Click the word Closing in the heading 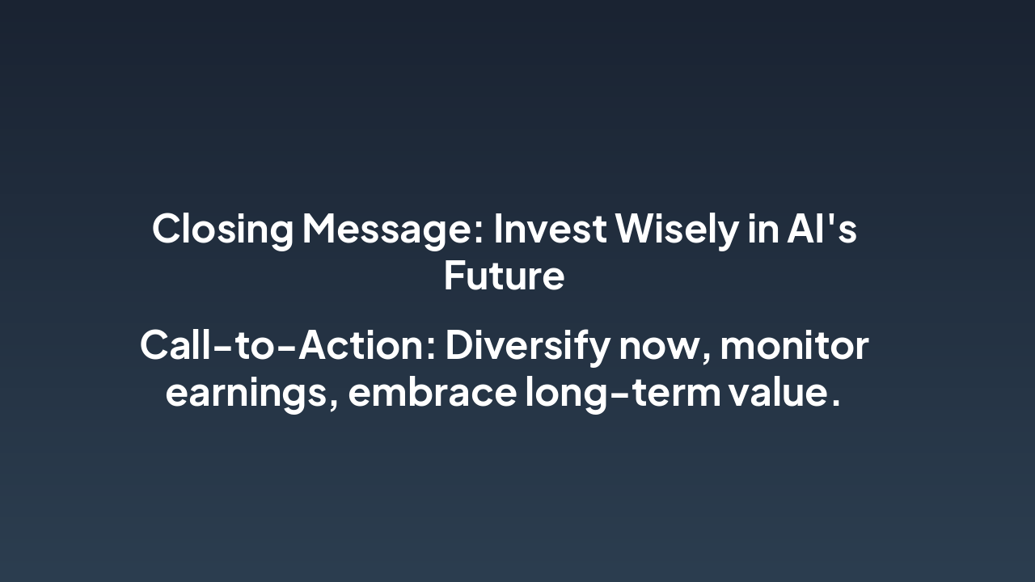[222, 229]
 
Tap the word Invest [550, 229]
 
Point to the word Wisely [677, 229]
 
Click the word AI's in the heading [822, 229]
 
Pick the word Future [504, 276]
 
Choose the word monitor [794, 346]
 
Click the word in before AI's [762, 229]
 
